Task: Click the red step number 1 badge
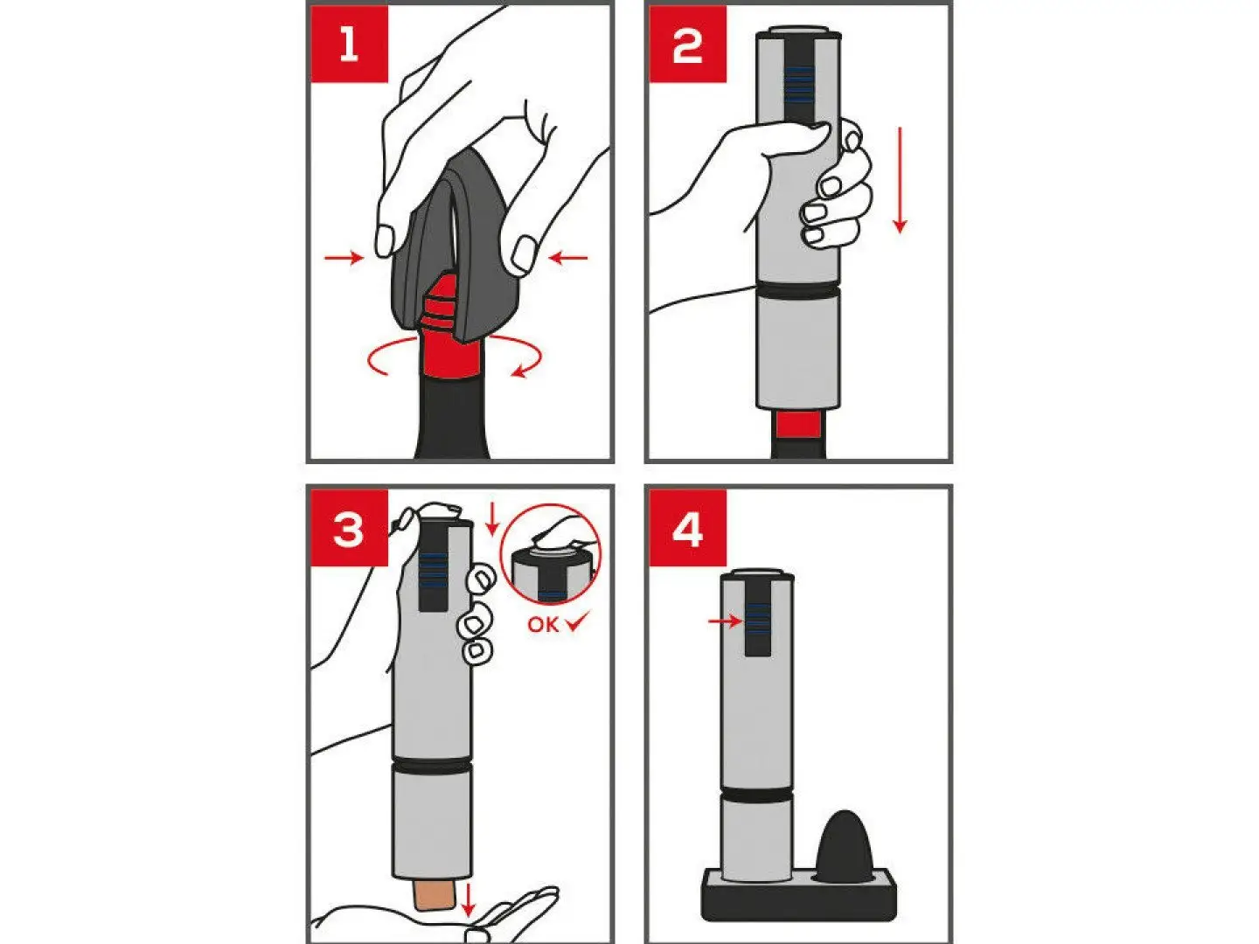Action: [350, 44]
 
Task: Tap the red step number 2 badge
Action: [688, 44]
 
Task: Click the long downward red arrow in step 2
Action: [900, 180]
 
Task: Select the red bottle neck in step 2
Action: [798, 424]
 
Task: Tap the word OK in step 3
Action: [543, 625]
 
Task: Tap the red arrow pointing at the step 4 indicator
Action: [725, 621]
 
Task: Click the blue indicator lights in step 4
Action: [758, 618]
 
